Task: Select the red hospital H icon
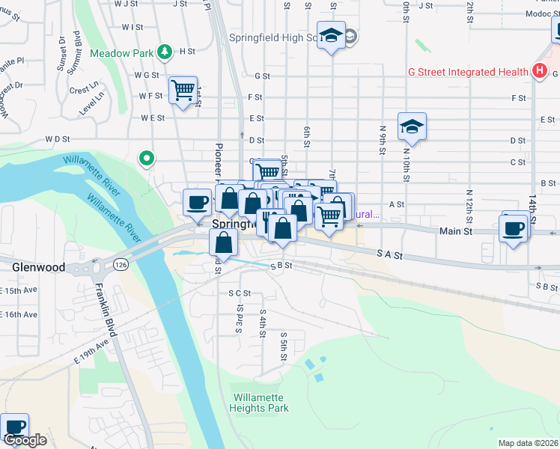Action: pyautogui.click(x=538, y=72)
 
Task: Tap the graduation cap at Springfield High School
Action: pyautogui.click(x=330, y=35)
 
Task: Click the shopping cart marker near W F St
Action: pyautogui.click(x=183, y=90)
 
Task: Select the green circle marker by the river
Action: pyautogui.click(x=147, y=158)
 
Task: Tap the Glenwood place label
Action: pyautogui.click(x=38, y=267)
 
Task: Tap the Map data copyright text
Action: pyautogui.click(x=528, y=443)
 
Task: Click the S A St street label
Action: pyautogui.click(x=389, y=255)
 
